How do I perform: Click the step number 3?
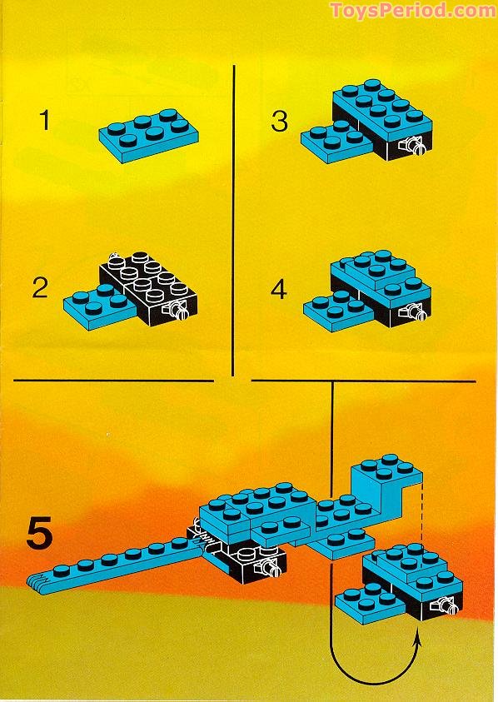coord(280,122)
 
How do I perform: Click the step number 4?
coord(279,289)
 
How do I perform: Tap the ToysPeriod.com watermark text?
coord(412,11)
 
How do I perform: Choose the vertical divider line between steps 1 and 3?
coord(234,217)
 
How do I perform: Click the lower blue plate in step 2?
coord(90,299)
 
